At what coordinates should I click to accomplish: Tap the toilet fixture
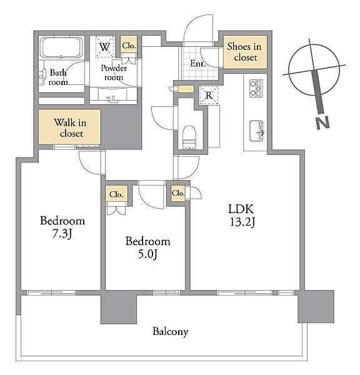tap(189, 138)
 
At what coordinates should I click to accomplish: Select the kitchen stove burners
tap(256, 88)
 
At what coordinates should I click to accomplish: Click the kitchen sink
tap(256, 131)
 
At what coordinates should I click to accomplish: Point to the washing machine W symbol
tap(105, 47)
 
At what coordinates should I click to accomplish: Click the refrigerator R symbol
tap(209, 95)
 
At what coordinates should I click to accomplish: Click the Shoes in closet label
tap(245, 52)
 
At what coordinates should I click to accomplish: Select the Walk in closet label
tap(71, 128)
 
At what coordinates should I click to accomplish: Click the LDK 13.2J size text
tap(242, 216)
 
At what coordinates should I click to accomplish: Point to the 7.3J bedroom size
tap(62, 234)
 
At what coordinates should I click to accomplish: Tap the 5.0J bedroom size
tap(147, 254)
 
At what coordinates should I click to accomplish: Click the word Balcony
tap(171, 332)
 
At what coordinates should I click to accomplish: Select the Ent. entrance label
tap(198, 64)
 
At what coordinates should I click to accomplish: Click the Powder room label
tap(114, 72)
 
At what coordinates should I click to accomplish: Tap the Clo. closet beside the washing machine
tap(129, 45)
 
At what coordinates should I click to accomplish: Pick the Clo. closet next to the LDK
tap(178, 193)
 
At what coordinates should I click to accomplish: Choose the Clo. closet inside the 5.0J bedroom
tap(116, 194)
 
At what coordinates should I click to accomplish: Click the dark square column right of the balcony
tap(316, 306)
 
